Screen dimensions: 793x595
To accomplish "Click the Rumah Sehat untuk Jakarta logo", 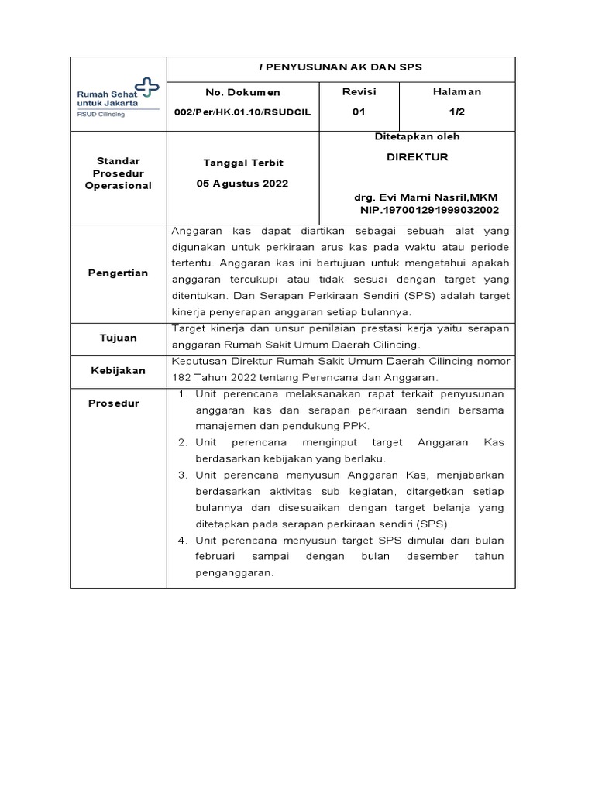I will (x=117, y=98).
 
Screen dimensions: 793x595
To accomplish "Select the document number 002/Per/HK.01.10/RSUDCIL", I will (x=243, y=112).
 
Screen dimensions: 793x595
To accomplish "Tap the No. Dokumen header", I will (x=243, y=92).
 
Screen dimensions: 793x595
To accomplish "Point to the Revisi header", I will (x=359, y=91).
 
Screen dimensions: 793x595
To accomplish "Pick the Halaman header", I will (x=456, y=91).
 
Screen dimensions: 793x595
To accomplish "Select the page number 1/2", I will (x=456, y=112).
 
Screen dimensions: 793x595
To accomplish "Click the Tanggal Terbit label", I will (x=243, y=163).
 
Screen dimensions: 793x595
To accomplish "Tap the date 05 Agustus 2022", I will (x=243, y=184).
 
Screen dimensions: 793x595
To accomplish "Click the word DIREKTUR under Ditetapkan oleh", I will (x=417, y=156).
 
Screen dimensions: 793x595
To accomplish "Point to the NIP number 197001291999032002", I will (x=429, y=210).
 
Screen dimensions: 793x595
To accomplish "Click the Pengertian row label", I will (x=117, y=273).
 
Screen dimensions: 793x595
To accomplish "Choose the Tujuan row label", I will (x=118, y=338).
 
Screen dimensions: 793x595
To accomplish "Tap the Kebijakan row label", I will (x=117, y=370).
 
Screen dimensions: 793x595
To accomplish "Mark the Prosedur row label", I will (x=114, y=403).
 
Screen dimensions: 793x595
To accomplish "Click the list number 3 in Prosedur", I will (x=183, y=475).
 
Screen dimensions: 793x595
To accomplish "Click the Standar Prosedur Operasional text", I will (x=118, y=173).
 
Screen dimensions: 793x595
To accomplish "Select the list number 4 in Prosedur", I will (x=183, y=540).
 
